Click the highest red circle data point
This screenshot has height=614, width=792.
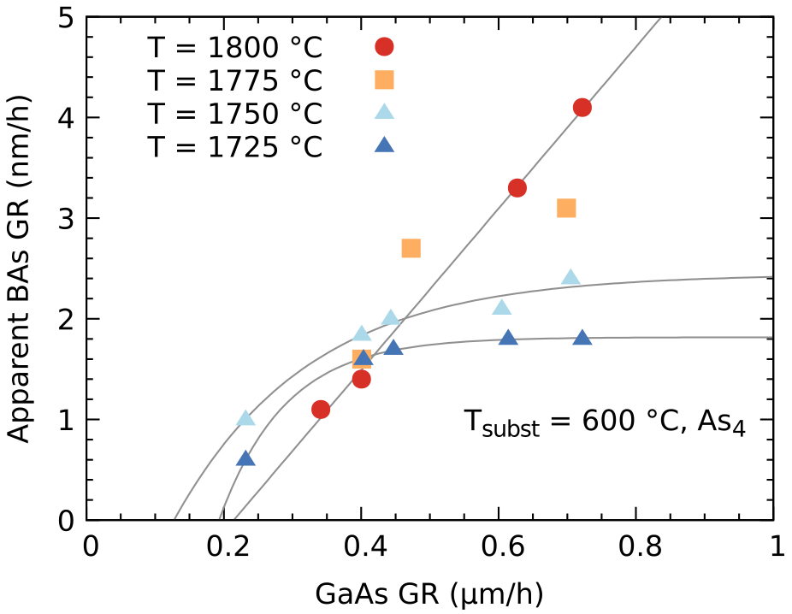point(582,108)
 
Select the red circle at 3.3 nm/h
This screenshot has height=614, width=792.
point(517,188)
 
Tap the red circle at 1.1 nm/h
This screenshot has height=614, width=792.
point(321,410)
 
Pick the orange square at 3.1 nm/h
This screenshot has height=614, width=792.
point(566,208)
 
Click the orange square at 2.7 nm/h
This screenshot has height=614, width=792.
point(411,248)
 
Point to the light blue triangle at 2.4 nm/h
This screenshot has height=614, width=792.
point(570,277)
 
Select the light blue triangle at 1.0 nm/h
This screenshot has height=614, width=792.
point(246,418)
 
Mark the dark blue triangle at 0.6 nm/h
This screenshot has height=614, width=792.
point(245,458)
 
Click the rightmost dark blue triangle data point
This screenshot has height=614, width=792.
point(582,338)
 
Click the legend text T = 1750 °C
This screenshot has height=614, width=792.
point(234,114)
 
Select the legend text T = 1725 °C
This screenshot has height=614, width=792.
point(234,147)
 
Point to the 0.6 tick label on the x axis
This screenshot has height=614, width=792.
point(499,547)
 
